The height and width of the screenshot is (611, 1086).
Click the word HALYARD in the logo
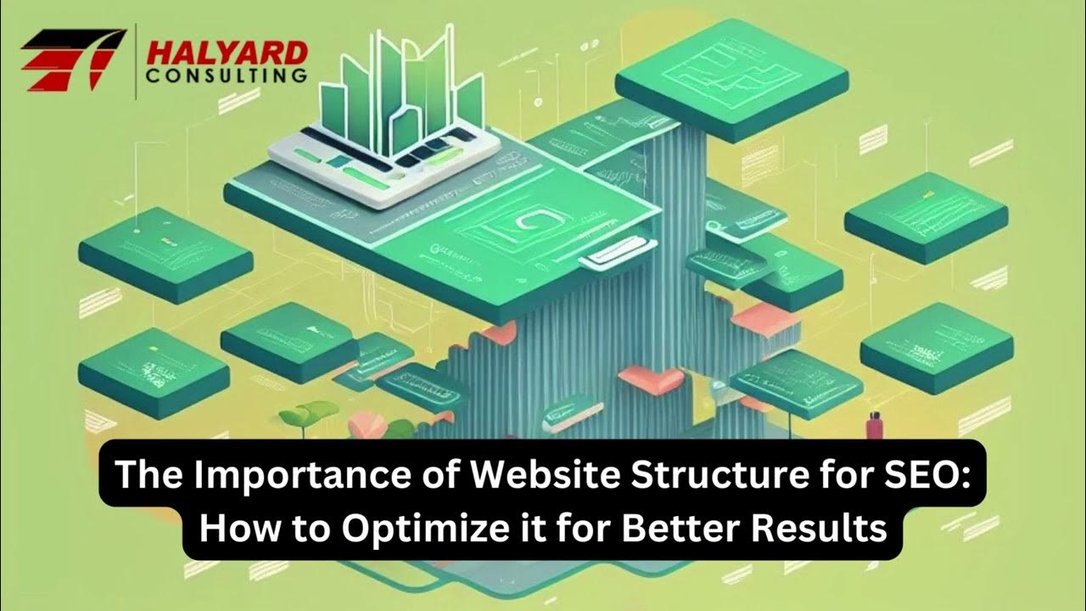[x=227, y=53]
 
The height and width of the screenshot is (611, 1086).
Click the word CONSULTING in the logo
[x=227, y=76]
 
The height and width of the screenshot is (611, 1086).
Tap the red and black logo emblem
[x=71, y=59]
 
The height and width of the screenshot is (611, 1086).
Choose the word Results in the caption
[x=820, y=529]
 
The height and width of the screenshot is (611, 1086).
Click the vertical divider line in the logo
[x=137, y=61]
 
